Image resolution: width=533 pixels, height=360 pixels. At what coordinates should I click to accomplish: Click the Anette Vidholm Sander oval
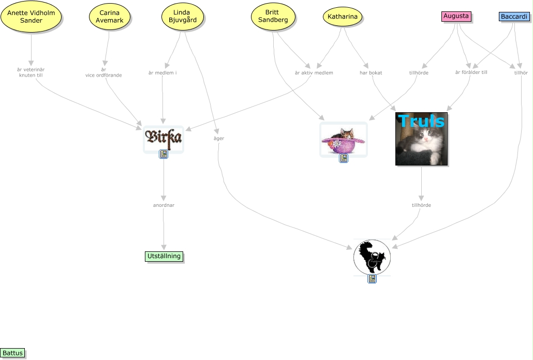click(x=31, y=17)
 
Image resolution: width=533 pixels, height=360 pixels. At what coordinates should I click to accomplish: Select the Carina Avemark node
click(x=110, y=17)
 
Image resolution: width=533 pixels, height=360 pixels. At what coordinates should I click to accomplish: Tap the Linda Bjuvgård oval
click(x=183, y=17)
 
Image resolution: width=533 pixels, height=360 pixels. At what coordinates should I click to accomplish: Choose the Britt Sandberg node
click(x=273, y=16)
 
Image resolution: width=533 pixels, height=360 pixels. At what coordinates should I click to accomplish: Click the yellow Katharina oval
click(x=343, y=17)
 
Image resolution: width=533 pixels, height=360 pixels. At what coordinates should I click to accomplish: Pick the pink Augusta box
click(x=456, y=17)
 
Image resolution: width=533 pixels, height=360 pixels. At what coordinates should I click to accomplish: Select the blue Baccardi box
click(x=514, y=17)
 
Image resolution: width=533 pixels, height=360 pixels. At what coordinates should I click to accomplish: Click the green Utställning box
click(x=164, y=256)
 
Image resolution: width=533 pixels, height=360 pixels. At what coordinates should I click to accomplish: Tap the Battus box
click(x=12, y=353)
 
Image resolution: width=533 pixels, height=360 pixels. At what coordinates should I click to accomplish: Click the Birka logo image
click(x=164, y=138)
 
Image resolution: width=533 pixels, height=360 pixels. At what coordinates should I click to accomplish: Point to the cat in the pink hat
click(x=343, y=139)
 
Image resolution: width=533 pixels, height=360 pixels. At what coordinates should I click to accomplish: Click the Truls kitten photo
click(x=421, y=139)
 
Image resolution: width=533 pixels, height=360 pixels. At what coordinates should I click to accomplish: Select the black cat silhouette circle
click(x=372, y=257)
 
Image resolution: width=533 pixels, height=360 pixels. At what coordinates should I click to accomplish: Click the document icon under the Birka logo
click(x=164, y=154)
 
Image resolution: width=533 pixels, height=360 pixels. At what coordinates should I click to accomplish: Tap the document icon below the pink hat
click(x=343, y=158)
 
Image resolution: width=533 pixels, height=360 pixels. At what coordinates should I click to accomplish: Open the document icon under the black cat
click(x=372, y=279)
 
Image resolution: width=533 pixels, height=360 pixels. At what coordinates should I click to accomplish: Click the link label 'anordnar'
click(x=164, y=205)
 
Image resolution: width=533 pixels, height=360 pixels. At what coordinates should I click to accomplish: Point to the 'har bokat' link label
click(x=371, y=73)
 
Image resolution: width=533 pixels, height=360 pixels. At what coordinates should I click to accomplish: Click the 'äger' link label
click(x=219, y=139)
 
